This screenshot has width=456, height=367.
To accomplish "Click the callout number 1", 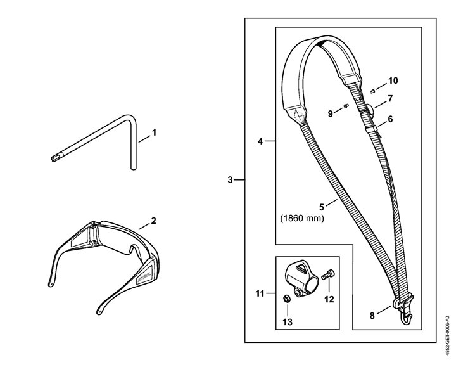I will click(154, 134).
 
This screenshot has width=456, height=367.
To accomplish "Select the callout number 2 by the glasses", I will click(153, 221).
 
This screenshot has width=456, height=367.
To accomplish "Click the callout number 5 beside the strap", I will click(321, 206).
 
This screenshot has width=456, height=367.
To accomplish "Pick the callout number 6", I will click(390, 119).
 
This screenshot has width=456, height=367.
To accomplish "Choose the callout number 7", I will click(390, 99).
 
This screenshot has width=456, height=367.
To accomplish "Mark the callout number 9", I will click(330, 113).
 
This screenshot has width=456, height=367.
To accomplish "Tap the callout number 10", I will click(393, 80).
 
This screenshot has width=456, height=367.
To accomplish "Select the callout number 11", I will click(260, 294).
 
